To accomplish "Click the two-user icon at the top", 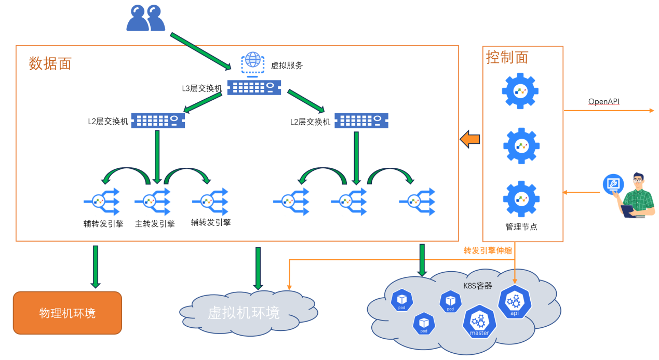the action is (x=145, y=18).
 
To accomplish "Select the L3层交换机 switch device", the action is (x=254, y=87).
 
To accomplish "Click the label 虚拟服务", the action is (x=287, y=65).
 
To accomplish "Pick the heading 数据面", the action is (x=50, y=63).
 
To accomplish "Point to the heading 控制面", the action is (x=507, y=57).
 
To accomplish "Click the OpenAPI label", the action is (x=603, y=101).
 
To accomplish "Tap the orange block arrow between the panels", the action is (x=470, y=139).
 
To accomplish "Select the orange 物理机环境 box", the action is (x=68, y=313).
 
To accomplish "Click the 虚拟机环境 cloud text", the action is (x=244, y=313).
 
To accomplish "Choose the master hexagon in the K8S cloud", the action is (x=479, y=322).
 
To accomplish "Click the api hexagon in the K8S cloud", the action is (x=515, y=302).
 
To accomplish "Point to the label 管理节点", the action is (x=521, y=226).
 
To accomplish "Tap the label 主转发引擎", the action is (x=155, y=224).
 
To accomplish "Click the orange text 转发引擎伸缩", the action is (x=488, y=250).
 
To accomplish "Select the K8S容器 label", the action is (x=477, y=286).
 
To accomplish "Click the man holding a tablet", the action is (x=638, y=195).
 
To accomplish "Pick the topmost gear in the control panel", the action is (x=520, y=91).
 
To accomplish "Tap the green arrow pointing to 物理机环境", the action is (x=96, y=267).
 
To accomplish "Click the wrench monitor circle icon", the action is (x=613, y=184).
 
